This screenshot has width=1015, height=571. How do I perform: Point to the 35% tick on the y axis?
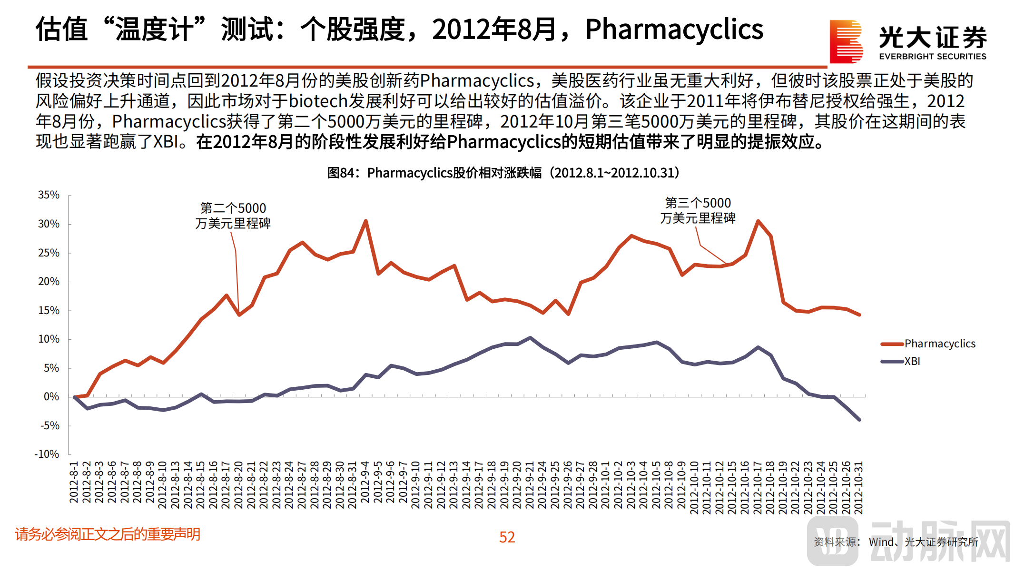pos(49,195)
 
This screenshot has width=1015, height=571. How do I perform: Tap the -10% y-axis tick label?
pos(47,454)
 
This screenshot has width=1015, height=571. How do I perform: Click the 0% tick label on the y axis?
pos(51,397)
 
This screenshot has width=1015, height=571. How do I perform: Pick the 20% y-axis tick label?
pos(49,282)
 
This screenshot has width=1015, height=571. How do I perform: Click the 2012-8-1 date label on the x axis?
pos(74,482)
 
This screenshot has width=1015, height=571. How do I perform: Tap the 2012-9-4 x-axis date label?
pos(365,482)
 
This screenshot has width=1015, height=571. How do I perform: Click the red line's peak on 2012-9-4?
pos(365,221)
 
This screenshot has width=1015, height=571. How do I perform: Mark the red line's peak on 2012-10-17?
pos(758,221)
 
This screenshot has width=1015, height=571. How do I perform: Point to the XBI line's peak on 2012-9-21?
pos(530,338)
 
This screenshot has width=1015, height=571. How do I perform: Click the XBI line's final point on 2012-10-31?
pos(859,420)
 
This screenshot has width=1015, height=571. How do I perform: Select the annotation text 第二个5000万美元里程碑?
pos(233,216)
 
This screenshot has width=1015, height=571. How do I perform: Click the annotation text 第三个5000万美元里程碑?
pos(698,210)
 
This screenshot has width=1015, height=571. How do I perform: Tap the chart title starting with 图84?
pos(503,173)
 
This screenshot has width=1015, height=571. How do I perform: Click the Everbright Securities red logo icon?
pos(846,41)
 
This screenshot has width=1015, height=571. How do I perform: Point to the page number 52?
pos(507,537)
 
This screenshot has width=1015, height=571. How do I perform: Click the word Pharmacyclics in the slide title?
pos(674,30)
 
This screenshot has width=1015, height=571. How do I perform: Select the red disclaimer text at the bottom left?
pos(108,534)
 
